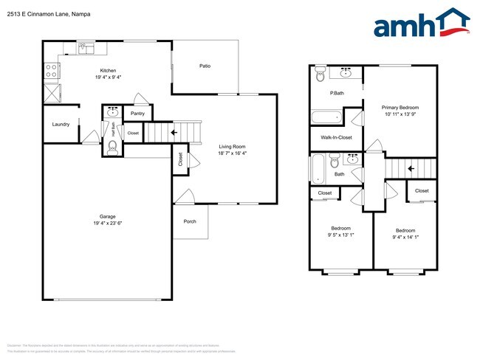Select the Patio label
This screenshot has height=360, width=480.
pyautogui.click(x=205, y=66)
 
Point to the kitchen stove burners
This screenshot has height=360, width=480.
pyautogui.click(x=52, y=71)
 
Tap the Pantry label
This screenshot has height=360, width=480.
pyautogui.click(x=137, y=114)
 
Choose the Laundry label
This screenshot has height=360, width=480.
pyautogui.click(x=61, y=124)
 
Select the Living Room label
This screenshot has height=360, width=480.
pyautogui.click(x=233, y=147)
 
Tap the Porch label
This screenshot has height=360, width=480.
pyautogui.click(x=190, y=221)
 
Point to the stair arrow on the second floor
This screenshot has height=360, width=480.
pyautogui.click(x=411, y=168)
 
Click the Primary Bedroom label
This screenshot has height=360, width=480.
pyautogui.click(x=400, y=107)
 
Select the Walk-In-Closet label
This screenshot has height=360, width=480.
pyautogui.click(x=336, y=137)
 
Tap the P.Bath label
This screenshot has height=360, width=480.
pyautogui.click(x=337, y=93)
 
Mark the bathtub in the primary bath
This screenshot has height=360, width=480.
pyautogui.click(x=326, y=117)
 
